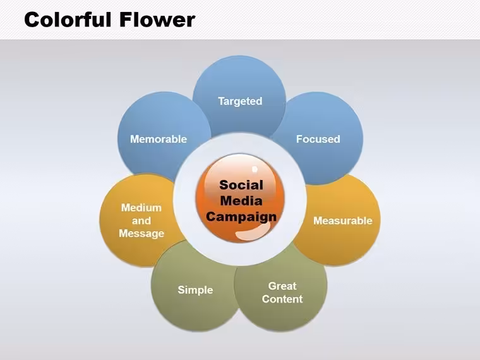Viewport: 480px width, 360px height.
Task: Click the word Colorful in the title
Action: (68, 20)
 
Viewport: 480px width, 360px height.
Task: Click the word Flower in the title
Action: (157, 20)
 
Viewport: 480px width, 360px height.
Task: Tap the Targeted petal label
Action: (240, 101)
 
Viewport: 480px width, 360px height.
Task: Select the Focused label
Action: (318, 139)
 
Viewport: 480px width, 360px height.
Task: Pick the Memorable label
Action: (159, 139)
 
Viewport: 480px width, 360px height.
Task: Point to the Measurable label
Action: (343, 220)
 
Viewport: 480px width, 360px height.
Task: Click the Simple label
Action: (195, 290)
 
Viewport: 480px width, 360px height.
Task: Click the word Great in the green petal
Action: (282, 286)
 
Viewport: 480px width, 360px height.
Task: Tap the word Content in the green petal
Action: (282, 299)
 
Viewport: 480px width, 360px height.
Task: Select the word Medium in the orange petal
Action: (141, 208)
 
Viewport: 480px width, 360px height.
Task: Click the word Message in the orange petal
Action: (141, 234)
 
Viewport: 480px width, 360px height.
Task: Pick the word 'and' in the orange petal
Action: (141, 220)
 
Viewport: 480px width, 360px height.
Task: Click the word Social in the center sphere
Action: (241, 185)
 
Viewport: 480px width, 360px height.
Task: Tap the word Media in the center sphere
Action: (241, 201)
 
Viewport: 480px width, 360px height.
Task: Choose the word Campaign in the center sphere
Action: (241, 217)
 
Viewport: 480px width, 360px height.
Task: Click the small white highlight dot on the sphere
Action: (255, 169)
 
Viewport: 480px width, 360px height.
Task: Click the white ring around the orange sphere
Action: (184, 199)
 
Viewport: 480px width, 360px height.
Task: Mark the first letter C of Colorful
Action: (32, 20)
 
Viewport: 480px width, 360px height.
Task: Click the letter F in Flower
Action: (126, 20)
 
